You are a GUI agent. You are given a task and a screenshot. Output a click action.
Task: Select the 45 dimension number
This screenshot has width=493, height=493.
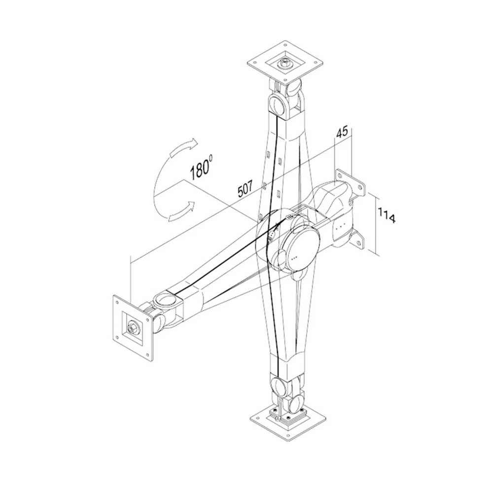click(342, 132)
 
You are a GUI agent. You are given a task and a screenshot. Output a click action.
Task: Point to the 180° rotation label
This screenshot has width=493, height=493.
click(201, 168)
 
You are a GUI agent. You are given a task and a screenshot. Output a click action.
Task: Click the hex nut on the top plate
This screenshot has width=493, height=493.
click(285, 63)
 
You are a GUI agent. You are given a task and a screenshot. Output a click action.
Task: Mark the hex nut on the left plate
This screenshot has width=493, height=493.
click(133, 326)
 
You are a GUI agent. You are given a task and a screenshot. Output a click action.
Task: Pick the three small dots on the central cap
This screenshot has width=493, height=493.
click(294, 257)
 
